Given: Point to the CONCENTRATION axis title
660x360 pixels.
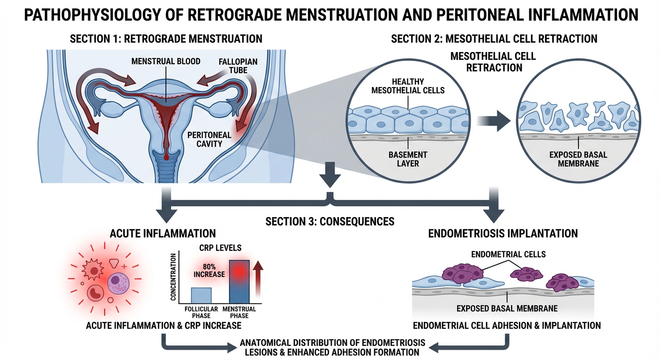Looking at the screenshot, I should tap(173, 277).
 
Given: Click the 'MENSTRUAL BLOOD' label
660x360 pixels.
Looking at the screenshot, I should tap(165, 61).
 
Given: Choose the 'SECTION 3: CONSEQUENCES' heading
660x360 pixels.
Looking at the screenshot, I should tap(330, 221).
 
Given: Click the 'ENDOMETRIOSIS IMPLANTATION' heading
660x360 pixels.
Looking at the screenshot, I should tap(503, 233).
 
